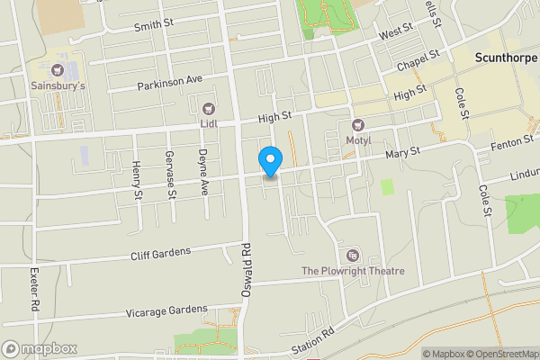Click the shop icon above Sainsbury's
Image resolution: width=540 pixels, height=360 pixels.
(x=58, y=69)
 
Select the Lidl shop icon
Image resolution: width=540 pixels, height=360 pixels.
(x=209, y=107)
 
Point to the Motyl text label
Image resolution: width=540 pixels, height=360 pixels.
(x=358, y=139)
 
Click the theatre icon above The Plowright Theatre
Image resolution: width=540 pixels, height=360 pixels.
(x=352, y=256)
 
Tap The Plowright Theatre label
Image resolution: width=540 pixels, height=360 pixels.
(x=353, y=271)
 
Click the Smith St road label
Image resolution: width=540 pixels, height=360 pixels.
(x=153, y=25)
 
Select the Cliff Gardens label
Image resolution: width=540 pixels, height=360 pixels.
(x=160, y=253)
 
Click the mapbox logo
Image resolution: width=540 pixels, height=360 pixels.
(x=40, y=348)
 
